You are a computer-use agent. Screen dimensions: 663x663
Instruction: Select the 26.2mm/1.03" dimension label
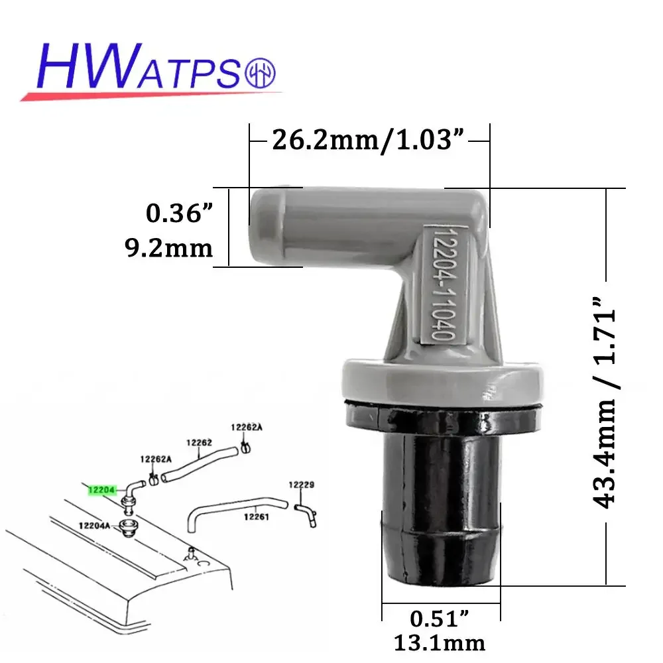369,141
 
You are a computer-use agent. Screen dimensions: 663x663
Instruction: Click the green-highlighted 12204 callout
101,490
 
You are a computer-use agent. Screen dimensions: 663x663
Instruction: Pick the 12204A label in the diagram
94,525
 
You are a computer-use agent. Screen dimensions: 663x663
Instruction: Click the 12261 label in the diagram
255,517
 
